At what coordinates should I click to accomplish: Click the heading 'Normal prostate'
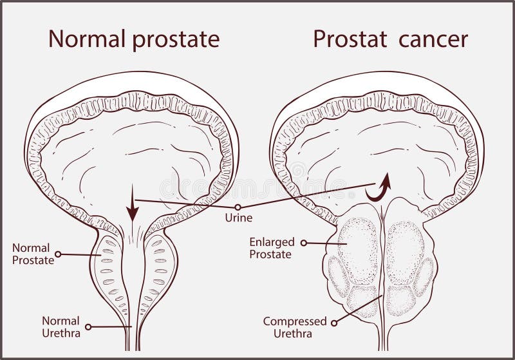pos(134,40)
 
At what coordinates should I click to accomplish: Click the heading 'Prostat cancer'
pos(390,40)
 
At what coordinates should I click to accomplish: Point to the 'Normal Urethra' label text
pos(61,326)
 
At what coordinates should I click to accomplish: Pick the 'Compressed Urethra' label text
pos(295,327)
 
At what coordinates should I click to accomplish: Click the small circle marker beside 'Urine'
pos(238,207)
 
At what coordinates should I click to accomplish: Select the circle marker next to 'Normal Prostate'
pos(58,254)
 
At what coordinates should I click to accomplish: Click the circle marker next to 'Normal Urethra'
pos(88,327)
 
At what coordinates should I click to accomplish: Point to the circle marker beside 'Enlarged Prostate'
pos(304,243)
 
